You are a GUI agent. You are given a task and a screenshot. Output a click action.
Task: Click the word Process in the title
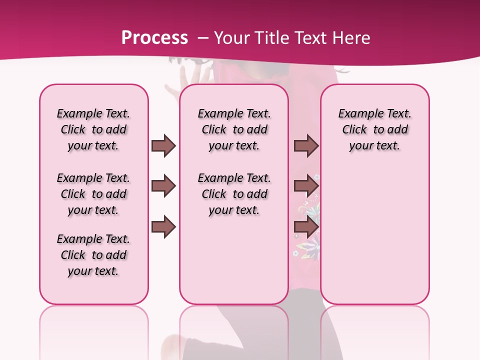coord(154,37)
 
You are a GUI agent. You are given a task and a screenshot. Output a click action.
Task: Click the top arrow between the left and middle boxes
coord(163,145)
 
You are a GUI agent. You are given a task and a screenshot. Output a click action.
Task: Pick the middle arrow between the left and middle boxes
coord(163,186)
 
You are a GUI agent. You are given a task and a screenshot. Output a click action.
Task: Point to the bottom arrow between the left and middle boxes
coord(163,227)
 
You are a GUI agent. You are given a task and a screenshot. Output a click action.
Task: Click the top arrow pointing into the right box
coord(306,145)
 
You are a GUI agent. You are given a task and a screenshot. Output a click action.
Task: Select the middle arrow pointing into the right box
coord(306,186)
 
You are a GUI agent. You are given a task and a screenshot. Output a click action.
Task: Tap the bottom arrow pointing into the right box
coord(306,227)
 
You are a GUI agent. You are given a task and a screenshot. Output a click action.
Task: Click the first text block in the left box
coord(93,129)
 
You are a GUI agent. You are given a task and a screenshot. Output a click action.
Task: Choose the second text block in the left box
coord(93,194)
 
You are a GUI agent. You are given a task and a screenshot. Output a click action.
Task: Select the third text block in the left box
coord(93,255)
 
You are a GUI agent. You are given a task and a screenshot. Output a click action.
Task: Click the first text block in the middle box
coord(234,129)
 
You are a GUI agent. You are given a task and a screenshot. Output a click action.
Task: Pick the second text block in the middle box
coord(234,194)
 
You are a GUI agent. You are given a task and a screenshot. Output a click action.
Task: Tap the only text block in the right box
coord(375,129)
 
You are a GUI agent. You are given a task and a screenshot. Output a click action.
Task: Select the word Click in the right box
coord(354,130)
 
